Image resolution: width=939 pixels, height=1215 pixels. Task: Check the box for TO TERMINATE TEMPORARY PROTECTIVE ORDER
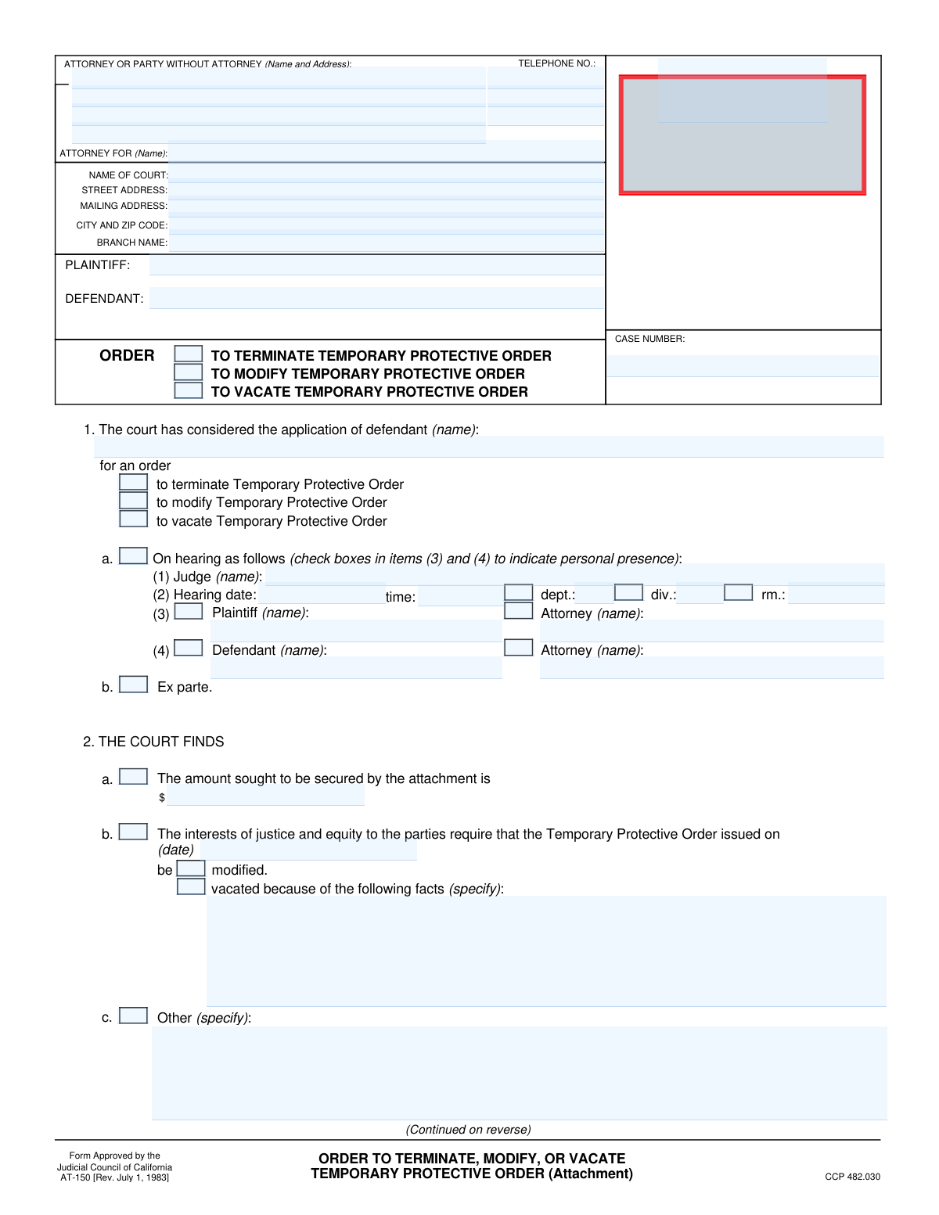(188, 354)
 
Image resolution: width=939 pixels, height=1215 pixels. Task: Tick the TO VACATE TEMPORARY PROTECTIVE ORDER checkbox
(188, 390)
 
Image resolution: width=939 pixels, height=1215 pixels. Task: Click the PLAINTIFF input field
(376, 265)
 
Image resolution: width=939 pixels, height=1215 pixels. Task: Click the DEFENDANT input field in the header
(376, 298)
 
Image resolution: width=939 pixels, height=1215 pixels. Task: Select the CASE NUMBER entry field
(743, 366)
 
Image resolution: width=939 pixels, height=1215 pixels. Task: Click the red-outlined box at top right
(742, 135)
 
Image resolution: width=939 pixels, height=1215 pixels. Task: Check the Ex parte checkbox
(133, 685)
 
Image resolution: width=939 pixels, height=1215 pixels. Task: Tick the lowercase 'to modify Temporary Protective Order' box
(133, 501)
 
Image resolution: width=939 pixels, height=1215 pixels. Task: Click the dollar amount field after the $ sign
(265, 796)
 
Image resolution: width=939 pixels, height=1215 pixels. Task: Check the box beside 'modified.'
(191, 868)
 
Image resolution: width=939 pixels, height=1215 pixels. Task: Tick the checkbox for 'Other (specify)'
(133, 1015)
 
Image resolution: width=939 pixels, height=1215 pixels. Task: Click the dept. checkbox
(518, 592)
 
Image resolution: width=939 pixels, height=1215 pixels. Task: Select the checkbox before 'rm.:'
(738, 592)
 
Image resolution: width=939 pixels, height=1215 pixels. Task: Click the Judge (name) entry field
(574, 575)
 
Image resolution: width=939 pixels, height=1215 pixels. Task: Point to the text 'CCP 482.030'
(852, 1177)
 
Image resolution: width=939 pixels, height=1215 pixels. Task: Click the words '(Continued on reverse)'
(468, 1130)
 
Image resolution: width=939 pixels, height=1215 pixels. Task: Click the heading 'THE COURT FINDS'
(161, 742)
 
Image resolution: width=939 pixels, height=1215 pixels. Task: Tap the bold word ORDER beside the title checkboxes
(127, 356)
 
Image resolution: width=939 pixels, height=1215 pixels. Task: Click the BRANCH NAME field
(387, 243)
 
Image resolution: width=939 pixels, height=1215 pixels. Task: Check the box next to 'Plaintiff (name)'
(189, 611)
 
